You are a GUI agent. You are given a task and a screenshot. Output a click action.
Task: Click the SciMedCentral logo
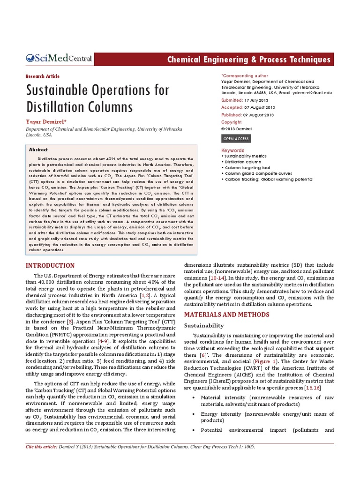tap(59, 59)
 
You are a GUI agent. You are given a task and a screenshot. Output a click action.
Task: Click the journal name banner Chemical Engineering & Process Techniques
tap(249, 60)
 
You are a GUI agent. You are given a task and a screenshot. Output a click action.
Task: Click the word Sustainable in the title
tap(64, 90)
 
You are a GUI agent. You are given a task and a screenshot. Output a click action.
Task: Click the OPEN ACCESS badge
tap(236, 139)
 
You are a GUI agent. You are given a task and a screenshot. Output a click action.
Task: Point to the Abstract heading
tap(38, 150)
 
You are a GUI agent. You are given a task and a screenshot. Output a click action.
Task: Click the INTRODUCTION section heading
tap(50, 266)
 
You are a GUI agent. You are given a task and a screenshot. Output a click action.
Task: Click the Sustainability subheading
tap(203, 325)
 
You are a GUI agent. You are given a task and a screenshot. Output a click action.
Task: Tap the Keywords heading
tap(233, 150)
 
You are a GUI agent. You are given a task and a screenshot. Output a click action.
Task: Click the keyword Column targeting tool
tap(247, 167)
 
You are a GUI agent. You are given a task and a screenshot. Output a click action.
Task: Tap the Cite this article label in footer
tap(42, 447)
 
